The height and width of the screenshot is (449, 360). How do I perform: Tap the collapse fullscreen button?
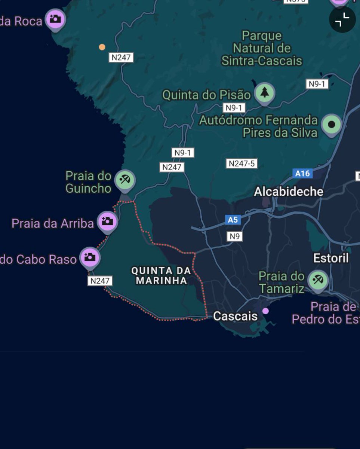point(342,19)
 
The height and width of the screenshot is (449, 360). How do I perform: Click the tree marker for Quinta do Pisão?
point(265,92)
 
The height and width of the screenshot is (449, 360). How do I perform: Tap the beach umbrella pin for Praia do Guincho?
point(124,180)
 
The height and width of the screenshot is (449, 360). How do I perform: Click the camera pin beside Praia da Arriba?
point(108,221)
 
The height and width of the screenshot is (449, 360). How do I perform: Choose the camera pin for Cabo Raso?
point(90,257)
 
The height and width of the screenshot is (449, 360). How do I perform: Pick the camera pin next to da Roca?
point(55,18)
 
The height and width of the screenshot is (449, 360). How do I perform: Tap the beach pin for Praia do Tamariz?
point(318,280)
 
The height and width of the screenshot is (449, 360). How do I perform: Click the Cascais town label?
point(235,316)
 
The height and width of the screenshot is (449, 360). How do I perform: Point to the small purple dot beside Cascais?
point(265,311)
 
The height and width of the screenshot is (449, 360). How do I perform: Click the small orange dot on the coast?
point(102,47)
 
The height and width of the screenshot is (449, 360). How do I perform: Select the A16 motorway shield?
point(302,173)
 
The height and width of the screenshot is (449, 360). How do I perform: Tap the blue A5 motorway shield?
point(233,220)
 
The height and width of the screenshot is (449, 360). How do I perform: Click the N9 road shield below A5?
point(235,236)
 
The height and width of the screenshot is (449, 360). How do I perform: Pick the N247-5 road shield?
point(242,164)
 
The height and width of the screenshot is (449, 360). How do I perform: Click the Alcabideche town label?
point(289,192)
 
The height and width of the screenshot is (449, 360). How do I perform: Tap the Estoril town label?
point(331,258)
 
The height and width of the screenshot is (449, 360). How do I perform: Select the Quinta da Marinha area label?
point(161,275)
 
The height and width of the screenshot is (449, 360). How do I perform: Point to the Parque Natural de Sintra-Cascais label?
point(262,48)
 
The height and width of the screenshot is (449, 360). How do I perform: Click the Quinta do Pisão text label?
point(206,95)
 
